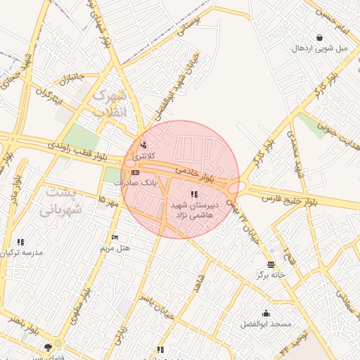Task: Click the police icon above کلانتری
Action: coord(144,146)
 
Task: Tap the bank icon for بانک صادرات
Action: coord(135,172)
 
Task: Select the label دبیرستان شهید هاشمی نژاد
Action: coord(194,207)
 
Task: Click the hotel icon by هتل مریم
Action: coord(115,237)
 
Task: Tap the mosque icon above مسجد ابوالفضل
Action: coord(266,313)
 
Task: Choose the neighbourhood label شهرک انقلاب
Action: coord(111,103)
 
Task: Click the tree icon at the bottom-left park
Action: coord(49,347)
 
